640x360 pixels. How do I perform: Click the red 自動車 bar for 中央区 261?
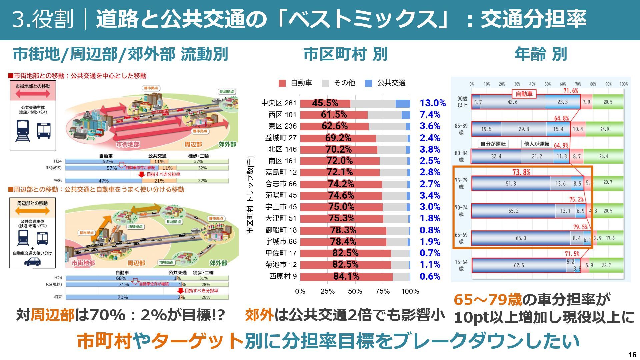[x=325, y=103]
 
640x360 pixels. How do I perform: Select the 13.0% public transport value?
[x=432, y=103]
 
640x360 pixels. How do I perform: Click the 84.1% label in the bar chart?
[x=346, y=276]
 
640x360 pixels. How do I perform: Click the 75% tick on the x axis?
[x=382, y=291]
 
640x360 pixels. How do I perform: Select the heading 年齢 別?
[x=540, y=54]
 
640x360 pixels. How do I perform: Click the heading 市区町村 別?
[x=345, y=54]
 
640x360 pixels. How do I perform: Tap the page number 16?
[x=632, y=355]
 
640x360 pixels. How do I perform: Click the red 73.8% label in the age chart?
[x=521, y=172]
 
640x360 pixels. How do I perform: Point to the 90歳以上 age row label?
[x=462, y=102]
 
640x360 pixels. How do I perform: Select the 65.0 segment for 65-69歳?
[x=521, y=238]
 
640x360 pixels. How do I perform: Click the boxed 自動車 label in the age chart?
[x=524, y=94]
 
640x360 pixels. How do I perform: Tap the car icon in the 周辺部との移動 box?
[x=32, y=262]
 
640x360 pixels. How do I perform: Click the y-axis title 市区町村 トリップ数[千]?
[x=250, y=195]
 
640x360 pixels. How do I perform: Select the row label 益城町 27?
[x=281, y=138]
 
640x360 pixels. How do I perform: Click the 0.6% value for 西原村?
[x=430, y=276]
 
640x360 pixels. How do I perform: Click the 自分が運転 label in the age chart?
[x=493, y=144]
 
